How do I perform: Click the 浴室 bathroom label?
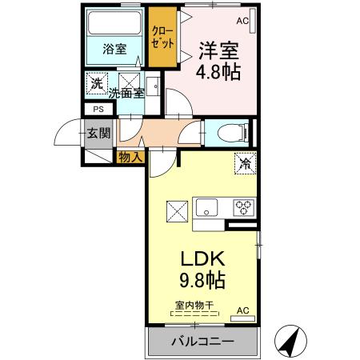pyautogui.click(x=114, y=48)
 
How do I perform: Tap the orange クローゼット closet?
pyautogui.click(x=163, y=36)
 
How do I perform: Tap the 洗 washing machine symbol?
pyautogui.click(x=97, y=83)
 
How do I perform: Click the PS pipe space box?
pyautogui.click(x=98, y=109)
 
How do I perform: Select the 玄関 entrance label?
pyautogui.click(x=99, y=132)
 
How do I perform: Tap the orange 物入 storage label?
pyautogui.click(x=130, y=157)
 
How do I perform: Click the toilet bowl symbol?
pyautogui.click(x=226, y=133)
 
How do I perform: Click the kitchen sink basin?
pyautogui.click(x=205, y=210)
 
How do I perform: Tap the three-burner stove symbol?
pyautogui.click(x=243, y=209)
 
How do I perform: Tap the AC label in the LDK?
pyautogui.click(x=242, y=310)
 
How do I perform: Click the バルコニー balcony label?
pyautogui.click(x=202, y=342)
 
